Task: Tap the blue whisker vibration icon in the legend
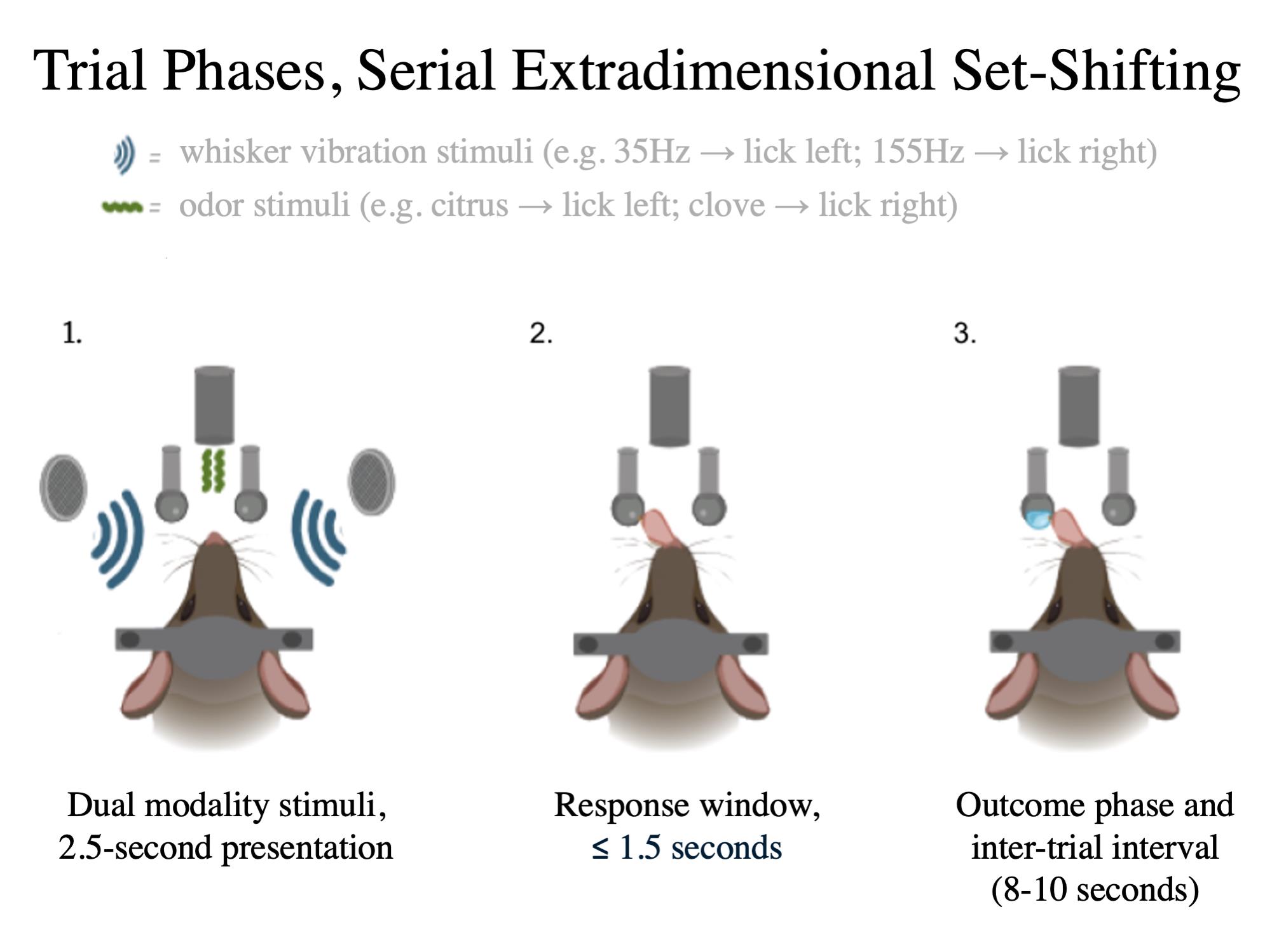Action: click(x=124, y=154)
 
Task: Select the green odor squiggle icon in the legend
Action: click(x=122, y=206)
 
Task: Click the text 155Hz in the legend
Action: click(x=917, y=151)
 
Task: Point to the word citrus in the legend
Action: click(x=469, y=205)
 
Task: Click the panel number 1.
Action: click(x=72, y=333)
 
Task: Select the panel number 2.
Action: click(x=541, y=333)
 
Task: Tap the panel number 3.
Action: click(x=964, y=333)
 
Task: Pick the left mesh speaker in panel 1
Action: click(x=63, y=487)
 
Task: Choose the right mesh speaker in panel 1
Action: click(x=371, y=481)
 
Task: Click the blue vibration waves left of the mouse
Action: click(x=118, y=539)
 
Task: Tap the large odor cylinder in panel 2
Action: click(x=669, y=407)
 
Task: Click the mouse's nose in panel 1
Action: click(x=215, y=539)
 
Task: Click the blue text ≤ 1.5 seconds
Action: click(x=687, y=848)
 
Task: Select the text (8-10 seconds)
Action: click(x=1095, y=889)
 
